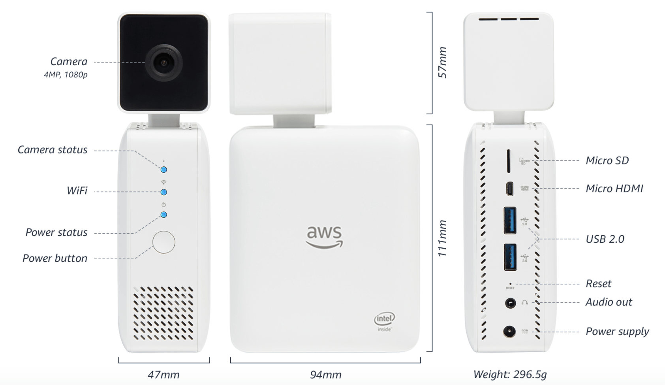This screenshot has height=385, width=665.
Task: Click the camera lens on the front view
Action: tap(163, 63)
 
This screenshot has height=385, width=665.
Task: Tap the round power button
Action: tap(163, 242)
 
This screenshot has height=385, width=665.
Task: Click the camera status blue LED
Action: tap(163, 170)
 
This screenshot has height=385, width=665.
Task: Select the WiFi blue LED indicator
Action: tap(163, 192)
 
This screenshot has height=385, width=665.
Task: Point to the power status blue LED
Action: tap(163, 215)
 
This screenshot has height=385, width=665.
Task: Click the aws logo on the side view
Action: tap(325, 236)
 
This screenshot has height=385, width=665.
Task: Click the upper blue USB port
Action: tap(510, 220)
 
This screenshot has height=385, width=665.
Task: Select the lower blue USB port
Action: tap(510, 257)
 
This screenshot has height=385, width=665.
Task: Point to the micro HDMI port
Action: tap(510, 189)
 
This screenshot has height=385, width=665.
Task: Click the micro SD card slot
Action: tap(508, 161)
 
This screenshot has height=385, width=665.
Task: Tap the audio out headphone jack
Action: tap(510, 303)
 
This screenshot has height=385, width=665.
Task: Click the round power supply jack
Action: tap(509, 331)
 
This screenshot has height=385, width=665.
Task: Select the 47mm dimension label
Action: tap(163, 374)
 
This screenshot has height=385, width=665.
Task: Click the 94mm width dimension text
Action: tap(325, 374)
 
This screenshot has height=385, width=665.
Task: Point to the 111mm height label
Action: tap(442, 238)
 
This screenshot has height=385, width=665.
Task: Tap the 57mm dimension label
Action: tap(442, 62)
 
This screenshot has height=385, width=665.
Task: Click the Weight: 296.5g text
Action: tap(510, 374)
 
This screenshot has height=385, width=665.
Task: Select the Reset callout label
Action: tap(598, 283)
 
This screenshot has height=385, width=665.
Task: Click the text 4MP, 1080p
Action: tap(66, 75)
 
